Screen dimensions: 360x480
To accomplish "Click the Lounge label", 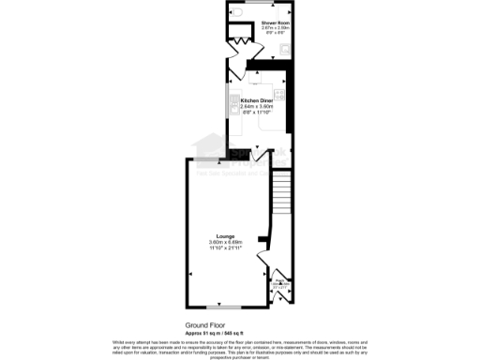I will pos(225,236).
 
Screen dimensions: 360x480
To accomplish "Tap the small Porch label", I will pos(279,283).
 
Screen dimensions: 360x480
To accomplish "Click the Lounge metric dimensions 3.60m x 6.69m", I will pos(225,242).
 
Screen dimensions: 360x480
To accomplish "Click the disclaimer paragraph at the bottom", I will pos(239,349).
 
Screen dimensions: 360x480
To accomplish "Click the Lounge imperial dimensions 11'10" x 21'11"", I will pos(225,247).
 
